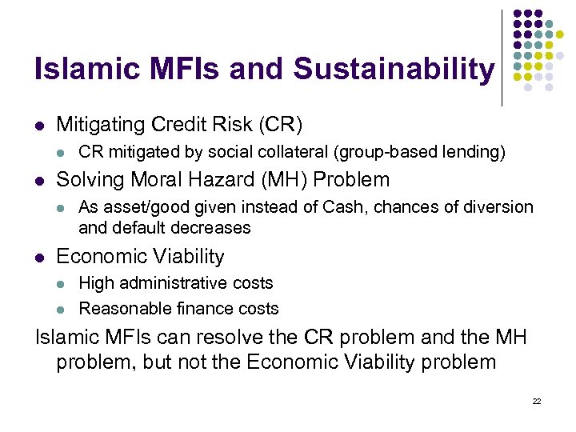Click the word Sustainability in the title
(x=394, y=70)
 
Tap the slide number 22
(x=537, y=400)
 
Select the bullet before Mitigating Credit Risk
(x=39, y=126)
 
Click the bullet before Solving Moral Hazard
(x=39, y=181)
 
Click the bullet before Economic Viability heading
(x=39, y=258)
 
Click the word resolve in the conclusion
(x=238, y=337)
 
